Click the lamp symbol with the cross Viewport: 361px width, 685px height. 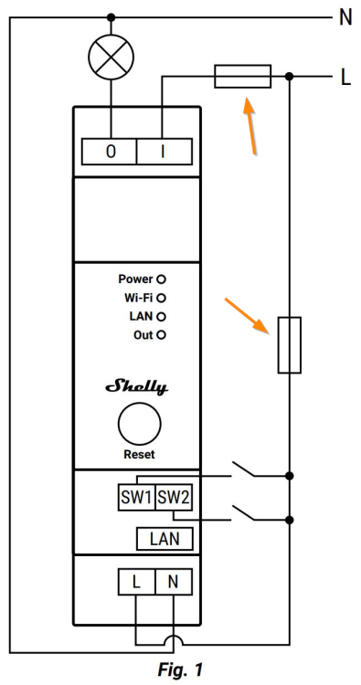coord(111,57)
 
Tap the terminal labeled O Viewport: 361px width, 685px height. coord(110,152)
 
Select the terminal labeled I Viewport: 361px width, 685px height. coord(165,152)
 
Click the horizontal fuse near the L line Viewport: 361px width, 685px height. coord(242,77)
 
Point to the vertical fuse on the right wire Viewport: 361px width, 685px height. coord(290,345)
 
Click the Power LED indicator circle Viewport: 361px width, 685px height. coord(161,279)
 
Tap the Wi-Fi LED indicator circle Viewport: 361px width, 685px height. coord(161,298)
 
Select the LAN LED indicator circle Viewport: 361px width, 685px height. coord(161,316)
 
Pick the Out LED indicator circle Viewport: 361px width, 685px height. coord(161,335)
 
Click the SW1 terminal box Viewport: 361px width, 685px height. coord(137,497)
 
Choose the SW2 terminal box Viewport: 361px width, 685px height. coord(174,497)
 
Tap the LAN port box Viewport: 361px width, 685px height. coord(165,539)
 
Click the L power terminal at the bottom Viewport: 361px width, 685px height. coord(136,582)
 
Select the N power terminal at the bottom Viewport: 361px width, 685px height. coord(174,582)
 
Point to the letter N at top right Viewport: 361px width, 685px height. coord(345,18)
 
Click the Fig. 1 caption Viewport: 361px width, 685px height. coord(180,669)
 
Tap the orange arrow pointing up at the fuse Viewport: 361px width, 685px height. coord(250,126)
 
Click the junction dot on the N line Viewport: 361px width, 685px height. coord(111,17)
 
